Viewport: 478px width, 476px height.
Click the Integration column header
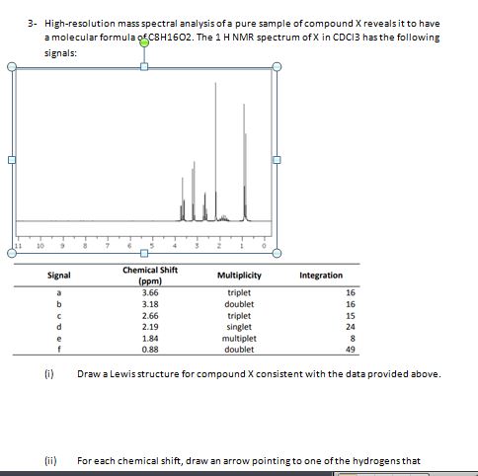click(x=320, y=276)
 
